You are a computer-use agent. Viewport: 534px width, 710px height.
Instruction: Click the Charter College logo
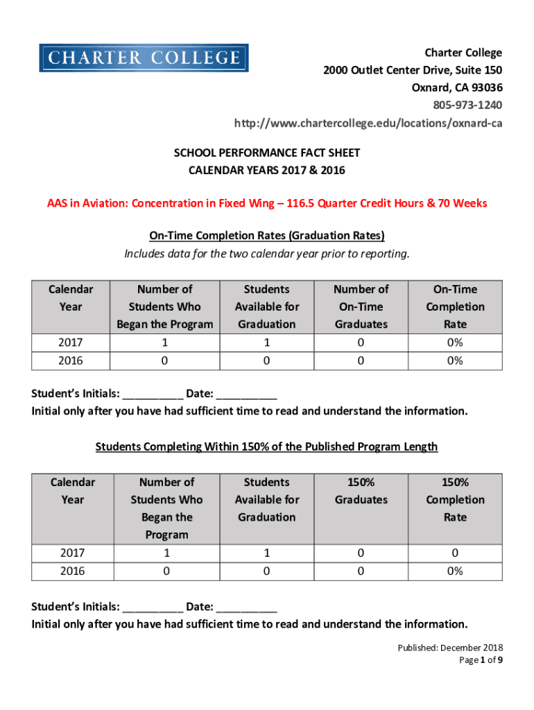pyautogui.click(x=144, y=58)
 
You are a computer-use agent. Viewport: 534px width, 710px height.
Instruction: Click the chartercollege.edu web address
pyautogui.click(x=368, y=123)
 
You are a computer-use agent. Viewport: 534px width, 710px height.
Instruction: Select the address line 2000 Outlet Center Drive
pyautogui.click(x=413, y=70)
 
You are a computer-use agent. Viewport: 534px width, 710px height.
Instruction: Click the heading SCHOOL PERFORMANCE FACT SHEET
pyautogui.click(x=267, y=153)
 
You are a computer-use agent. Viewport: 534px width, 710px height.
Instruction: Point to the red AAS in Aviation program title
pyautogui.click(x=267, y=203)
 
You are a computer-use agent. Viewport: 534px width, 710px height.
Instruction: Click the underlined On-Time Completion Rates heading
pyautogui.click(x=267, y=236)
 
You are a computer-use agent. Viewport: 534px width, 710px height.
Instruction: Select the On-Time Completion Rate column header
pyautogui.click(x=455, y=306)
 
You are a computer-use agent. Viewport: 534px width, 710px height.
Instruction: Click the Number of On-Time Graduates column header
pyautogui.click(x=361, y=306)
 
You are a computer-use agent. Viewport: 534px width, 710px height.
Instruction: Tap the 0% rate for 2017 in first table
pyautogui.click(x=455, y=343)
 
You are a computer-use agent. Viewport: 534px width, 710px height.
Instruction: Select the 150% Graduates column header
pyautogui.click(x=361, y=491)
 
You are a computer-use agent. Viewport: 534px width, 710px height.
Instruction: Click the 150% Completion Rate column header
pyautogui.click(x=455, y=499)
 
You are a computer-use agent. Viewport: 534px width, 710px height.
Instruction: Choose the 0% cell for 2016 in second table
pyautogui.click(x=455, y=571)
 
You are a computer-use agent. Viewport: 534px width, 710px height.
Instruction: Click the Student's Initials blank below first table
pyautogui.click(x=153, y=394)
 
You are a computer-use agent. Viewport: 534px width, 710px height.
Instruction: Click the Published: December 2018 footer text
pyautogui.click(x=450, y=648)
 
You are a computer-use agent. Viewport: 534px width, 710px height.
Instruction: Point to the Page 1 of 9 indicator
pyautogui.click(x=481, y=660)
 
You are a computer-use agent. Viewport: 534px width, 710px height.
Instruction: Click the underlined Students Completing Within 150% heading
pyautogui.click(x=267, y=447)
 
